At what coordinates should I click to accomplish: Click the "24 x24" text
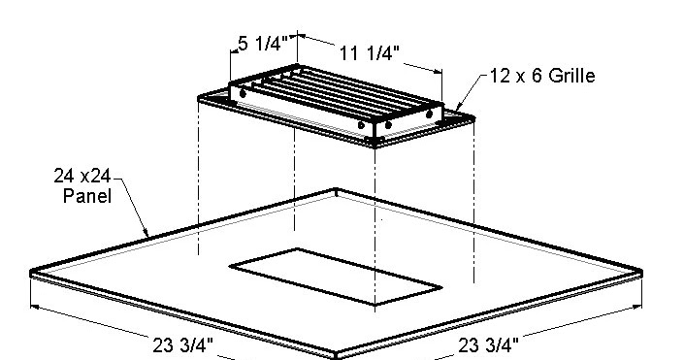pyautogui.click(x=81, y=178)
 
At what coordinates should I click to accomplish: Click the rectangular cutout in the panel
pyautogui.click(x=336, y=276)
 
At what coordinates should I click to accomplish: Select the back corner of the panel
pyautogui.click(x=336, y=190)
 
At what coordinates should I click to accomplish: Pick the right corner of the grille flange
pyautogui.click(x=472, y=115)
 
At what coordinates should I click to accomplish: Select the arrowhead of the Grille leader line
pyautogui.click(x=452, y=113)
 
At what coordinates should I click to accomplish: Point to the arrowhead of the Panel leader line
pyautogui.click(x=147, y=236)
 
